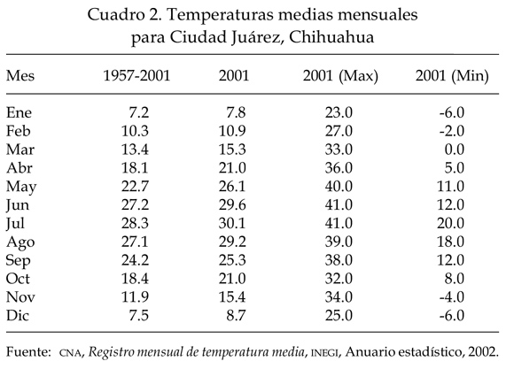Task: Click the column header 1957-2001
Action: tap(136, 75)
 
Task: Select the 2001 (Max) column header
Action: tap(340, 76)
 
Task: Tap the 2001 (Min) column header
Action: tap(452, 76)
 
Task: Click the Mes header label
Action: tap(20, 75)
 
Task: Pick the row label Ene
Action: tap(19, 112)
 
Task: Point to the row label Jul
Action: tap(15, 224)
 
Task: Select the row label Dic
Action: tap(18, 316)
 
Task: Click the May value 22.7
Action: tap(135, 187)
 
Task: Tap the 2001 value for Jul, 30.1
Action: tap(232, 223)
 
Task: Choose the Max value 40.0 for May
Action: tap(339, 187)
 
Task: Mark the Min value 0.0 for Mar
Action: tap(455, 150)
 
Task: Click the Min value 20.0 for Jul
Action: tap(451, 223)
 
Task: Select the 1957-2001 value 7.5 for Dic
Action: tap(138, 316)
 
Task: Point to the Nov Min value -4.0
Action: tap(452, 297)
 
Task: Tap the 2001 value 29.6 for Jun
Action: tap(232, 205)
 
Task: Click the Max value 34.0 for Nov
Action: tap(339, 297)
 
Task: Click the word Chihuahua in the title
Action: tap(331, 37)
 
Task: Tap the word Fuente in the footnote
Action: tap(28, 352)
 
